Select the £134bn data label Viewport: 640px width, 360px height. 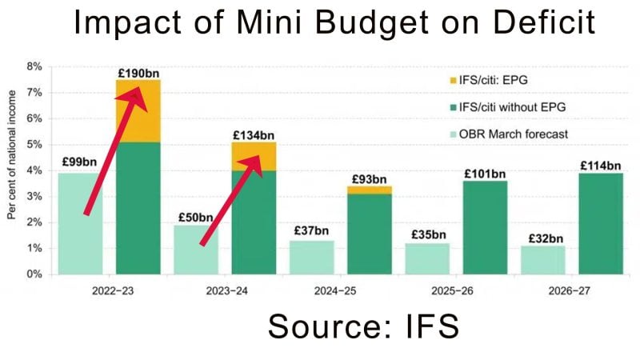254,136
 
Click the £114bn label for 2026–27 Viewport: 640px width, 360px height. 601,166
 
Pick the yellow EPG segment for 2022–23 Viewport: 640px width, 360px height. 138,111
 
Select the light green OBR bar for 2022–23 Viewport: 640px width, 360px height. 80,223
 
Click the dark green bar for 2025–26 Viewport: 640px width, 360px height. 485,227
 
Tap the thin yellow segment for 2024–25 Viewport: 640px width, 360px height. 370,190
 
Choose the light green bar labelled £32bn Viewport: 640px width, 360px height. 543,260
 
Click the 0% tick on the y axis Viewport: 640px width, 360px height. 35,274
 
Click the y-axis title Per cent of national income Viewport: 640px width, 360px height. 12,165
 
